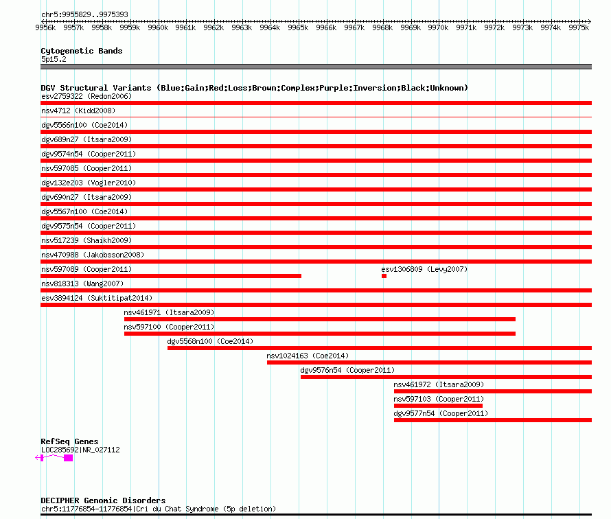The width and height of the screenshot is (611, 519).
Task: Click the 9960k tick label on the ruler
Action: [158, 27]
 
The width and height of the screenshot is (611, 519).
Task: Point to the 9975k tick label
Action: [579, 27]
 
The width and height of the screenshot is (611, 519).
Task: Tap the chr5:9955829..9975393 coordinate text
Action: [84, 15]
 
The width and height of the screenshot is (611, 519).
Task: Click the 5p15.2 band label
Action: [54, 59]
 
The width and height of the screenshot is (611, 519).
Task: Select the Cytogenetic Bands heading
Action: [82, 51]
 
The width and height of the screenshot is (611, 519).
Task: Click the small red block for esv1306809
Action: [384, 276]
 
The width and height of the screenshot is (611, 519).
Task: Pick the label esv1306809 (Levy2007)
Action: [424, 269]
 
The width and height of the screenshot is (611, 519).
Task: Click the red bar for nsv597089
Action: [171, 276]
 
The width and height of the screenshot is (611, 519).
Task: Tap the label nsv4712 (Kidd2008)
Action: [78, 111]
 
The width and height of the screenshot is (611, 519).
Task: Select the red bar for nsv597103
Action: [439, 406]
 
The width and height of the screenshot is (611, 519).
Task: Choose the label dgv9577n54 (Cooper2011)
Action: [441, 413]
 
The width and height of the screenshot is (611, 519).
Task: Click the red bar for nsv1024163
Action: [429, 362]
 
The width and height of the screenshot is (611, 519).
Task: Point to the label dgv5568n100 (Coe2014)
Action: [211, 341]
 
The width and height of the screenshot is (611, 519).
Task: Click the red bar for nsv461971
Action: [320, 319]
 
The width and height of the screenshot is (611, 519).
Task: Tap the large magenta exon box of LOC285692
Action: [68, 458]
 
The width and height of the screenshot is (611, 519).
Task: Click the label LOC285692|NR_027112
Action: [80, 450]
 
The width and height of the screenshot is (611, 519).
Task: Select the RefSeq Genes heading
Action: [69, 441]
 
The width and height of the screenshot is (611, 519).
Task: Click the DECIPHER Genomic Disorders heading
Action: [103, 500]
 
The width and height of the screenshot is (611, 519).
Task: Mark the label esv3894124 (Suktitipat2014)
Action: [97, 298]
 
